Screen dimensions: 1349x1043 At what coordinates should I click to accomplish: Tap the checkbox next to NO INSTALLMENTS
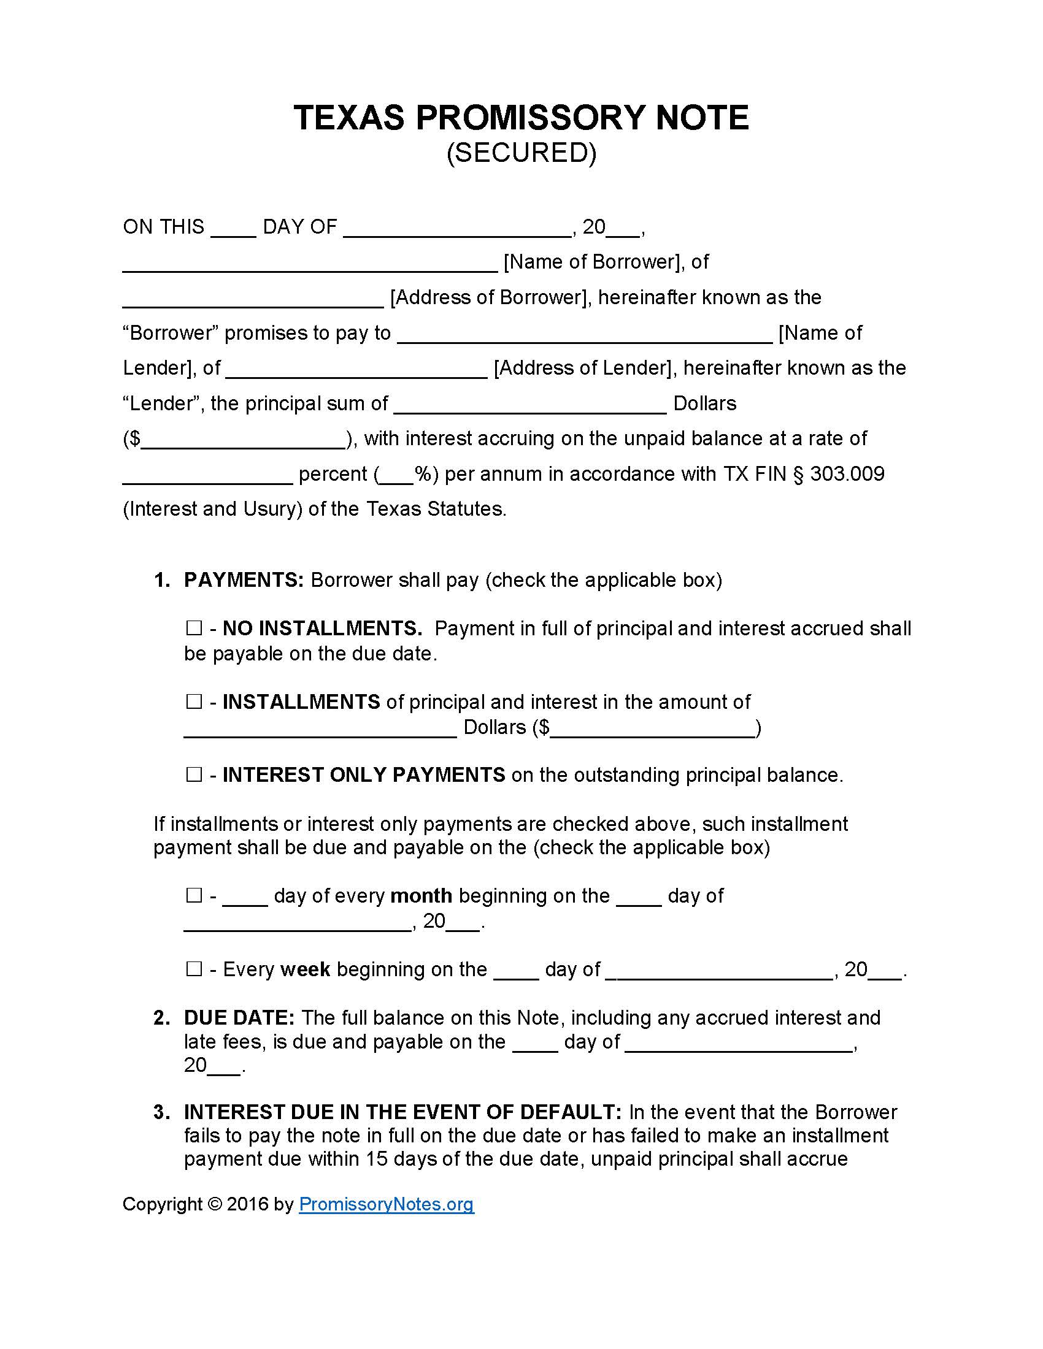pyautogui.click(x=194, y=628)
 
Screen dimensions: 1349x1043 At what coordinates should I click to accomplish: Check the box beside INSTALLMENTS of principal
pyautogui.click(x=194, y=701)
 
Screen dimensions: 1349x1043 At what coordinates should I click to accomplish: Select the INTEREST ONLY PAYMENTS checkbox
pyautogui.click(x=194, y=774)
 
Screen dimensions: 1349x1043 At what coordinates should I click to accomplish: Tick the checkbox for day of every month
pyautogui.click(x=194, y=895)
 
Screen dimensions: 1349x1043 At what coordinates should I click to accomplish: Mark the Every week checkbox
pyautogui.click(x=194, y=968)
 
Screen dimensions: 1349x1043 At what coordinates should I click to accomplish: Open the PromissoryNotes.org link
pyautogui.click(x=386, y=1204)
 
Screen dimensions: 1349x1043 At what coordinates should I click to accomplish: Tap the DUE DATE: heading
pyautogui.click(x=239, y=1017)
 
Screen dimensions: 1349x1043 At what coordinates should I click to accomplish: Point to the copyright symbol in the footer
pyautogui.click(x=215, y=1204)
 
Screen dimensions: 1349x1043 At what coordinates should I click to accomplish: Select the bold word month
pyautogui.click(x=421, y=896)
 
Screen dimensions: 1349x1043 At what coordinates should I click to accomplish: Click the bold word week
pyautogui.click(x=306, y=969)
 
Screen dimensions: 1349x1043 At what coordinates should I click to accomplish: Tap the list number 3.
pyautogui.click(x=161, y=1112)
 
